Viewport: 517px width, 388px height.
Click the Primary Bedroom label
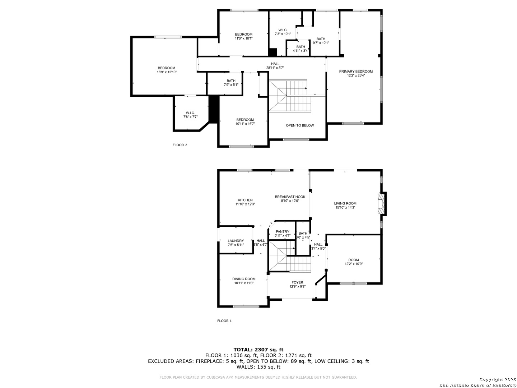click(356, 71)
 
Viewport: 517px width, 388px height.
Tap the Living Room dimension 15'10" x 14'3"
click(345, 208)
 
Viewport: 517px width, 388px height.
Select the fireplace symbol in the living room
click(381, 204)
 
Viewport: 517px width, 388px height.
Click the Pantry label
click(282, 232)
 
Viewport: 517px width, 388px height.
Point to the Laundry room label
click(236, 241)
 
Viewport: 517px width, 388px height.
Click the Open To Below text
click(300, 125)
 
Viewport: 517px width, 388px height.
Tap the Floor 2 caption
click(180, 145)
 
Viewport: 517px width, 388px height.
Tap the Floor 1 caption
click(224, 321)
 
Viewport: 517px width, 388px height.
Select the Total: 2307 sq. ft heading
click(258, 349)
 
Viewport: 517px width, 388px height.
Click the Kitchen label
click(245, 200)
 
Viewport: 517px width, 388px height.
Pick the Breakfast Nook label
click(290, 197)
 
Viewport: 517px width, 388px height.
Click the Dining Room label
click(244, 279)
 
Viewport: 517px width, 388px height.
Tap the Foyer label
click(297, 282)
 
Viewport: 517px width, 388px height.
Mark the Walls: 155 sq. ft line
click(258, 367)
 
